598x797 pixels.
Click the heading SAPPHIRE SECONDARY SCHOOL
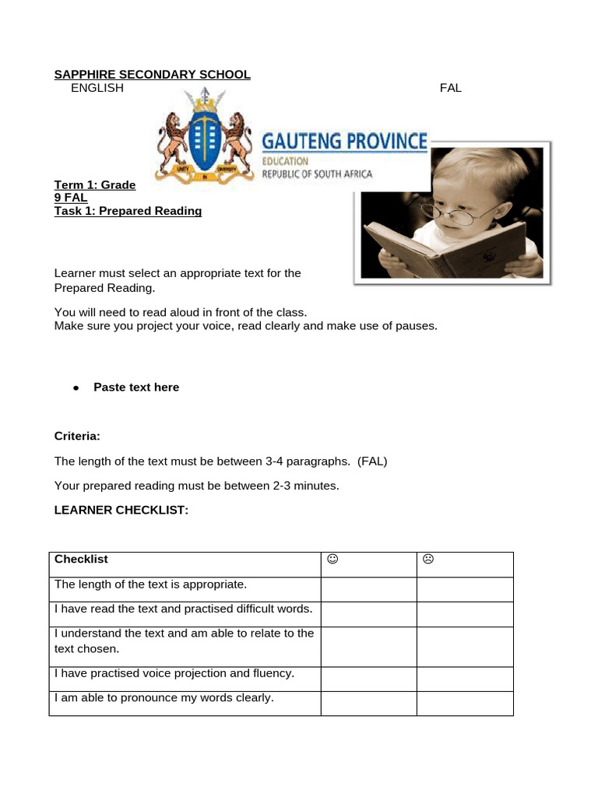coord(152,75)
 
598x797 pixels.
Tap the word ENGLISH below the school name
coord(97,88)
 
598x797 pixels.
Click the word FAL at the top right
coord(450,88)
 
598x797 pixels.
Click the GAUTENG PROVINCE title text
coord(344,142)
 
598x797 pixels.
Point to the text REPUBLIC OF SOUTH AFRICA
coord(317,174)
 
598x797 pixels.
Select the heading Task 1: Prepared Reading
coord(128,211)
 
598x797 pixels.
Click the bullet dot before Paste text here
coord(76,388)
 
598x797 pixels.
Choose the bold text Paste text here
coord(136,388)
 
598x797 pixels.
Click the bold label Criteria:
coord(77,436)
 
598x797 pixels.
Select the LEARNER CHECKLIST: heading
coord(121,510)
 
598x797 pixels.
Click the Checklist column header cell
coord(185,564)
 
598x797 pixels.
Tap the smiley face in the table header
coord(332,559)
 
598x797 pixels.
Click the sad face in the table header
coord(427,559)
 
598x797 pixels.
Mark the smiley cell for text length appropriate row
coord(368,589)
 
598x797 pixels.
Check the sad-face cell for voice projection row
coord(465,679)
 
